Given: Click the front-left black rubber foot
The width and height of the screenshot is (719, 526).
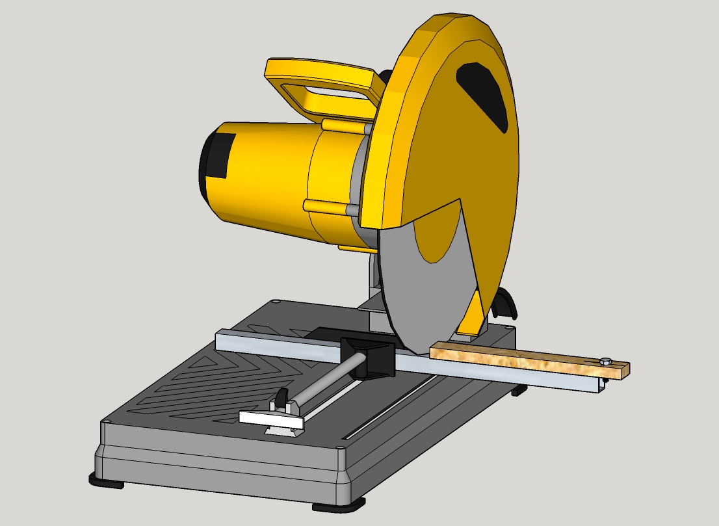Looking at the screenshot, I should point(107,480).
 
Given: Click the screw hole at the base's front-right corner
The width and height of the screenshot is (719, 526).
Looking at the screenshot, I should point(340,448).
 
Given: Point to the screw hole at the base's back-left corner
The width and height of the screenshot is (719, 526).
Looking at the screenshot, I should point(278,302).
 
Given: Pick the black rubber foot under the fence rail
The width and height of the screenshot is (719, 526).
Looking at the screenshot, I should point(518,391).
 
